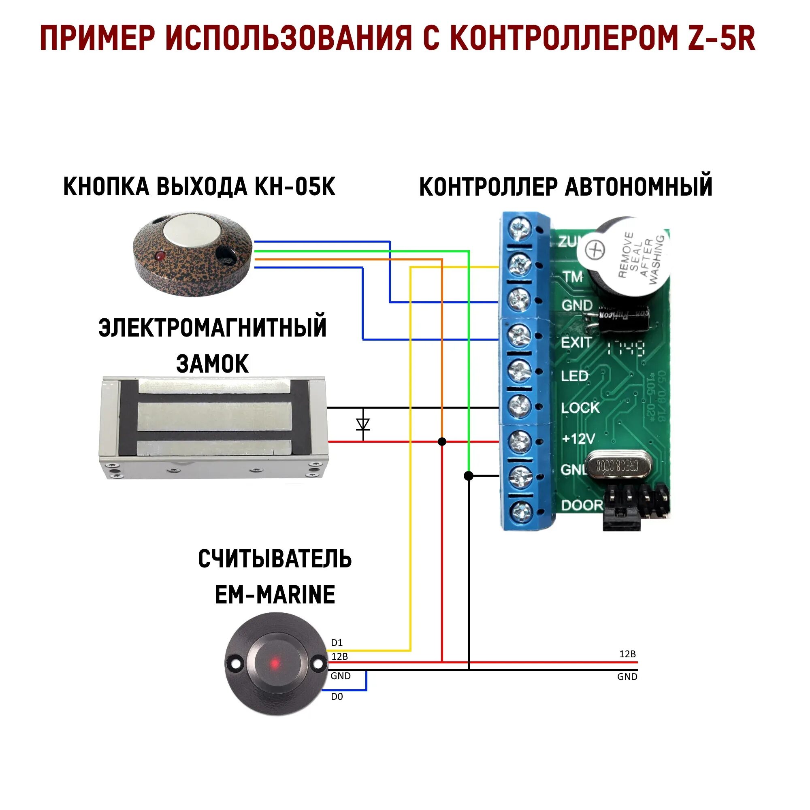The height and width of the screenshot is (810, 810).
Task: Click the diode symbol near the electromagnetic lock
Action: (362, 424)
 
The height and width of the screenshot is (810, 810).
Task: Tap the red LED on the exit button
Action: (159, 255)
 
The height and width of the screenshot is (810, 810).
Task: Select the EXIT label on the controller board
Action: (576, 343)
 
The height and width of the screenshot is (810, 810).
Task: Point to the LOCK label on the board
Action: (580, 407)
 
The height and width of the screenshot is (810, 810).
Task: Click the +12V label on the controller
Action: (578, 439)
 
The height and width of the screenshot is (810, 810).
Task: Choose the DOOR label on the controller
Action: (582, 505)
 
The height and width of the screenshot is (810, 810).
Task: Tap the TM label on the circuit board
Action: (573, 277)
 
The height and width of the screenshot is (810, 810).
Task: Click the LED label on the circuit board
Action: (574, 376)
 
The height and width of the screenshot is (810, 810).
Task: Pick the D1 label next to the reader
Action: (337, 643)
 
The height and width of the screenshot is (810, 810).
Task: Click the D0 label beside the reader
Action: (337, 697)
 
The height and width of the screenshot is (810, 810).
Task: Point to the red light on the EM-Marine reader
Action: (275, 663)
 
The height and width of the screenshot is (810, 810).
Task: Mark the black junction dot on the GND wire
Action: (469, 476)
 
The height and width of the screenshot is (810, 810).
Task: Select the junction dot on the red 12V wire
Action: (442, 441)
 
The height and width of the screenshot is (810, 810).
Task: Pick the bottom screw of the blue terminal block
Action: (521, 510)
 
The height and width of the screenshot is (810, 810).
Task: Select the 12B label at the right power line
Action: (627, 654)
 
